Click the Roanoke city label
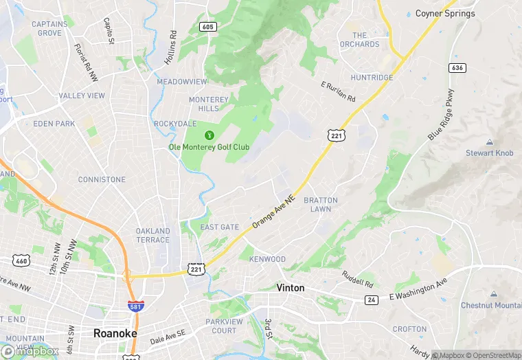point(115,333)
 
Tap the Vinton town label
point(290,288)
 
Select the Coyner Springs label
point(445,13)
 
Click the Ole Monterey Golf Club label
point(209,147)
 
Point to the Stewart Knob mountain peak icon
point(489,142)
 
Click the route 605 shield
point(209,26)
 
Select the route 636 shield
point(457,68)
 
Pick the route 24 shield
point(372,300)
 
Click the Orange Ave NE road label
point(273,210)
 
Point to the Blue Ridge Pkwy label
point(442,115)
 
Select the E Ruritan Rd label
point(338,92)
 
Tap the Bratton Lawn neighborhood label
point(321,205)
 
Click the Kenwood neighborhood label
point(268,259)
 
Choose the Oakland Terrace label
point(152,235)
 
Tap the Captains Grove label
point(49,28)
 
